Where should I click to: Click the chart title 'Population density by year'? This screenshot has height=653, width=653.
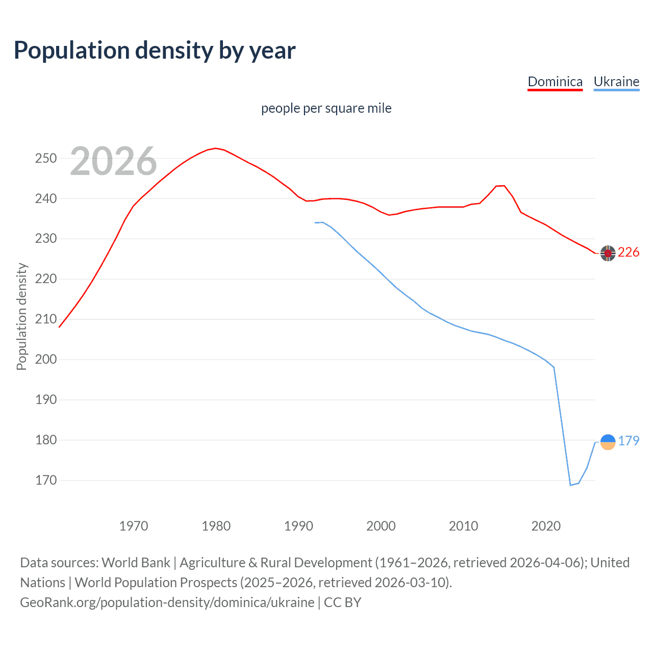155,51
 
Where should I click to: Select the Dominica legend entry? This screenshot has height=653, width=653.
555,82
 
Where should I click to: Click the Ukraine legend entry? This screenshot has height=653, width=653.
616,82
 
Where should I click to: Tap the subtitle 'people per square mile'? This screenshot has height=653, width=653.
326,108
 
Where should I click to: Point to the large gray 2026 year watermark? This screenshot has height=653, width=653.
113,162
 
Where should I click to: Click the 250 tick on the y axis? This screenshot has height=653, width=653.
46,158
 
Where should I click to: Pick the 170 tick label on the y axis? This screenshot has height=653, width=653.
46,480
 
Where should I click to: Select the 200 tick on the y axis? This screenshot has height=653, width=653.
46,359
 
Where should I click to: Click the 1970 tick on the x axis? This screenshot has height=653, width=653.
134,526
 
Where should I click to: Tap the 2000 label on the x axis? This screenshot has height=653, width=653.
381,526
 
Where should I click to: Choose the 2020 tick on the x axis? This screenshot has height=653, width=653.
546,526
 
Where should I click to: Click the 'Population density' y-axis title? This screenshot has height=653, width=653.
21,316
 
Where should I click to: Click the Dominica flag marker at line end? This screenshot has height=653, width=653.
608,253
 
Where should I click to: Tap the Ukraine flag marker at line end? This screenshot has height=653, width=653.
608,442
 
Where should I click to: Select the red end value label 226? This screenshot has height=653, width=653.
629,253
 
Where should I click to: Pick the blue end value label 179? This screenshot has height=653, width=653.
629,441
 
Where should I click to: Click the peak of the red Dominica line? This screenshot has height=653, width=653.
216,148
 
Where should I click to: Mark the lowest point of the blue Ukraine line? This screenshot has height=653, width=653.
570,485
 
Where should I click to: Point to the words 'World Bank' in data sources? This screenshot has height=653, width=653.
136,563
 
